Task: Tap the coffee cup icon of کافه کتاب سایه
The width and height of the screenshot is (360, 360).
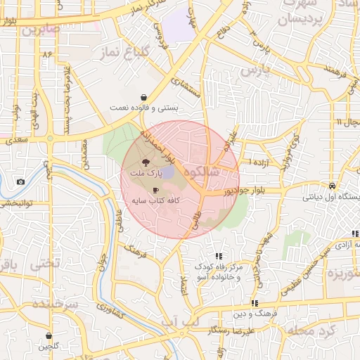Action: pos(155,190)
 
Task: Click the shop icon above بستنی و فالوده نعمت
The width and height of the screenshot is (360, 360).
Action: pos(144,97)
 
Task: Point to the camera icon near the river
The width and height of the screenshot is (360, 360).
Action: pos(20,182)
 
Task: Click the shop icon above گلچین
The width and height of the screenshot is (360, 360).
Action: pos(49,336)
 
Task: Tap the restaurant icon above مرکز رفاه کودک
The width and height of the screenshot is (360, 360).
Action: pos(219,256)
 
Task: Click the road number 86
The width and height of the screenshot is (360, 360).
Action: pos(48,54)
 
